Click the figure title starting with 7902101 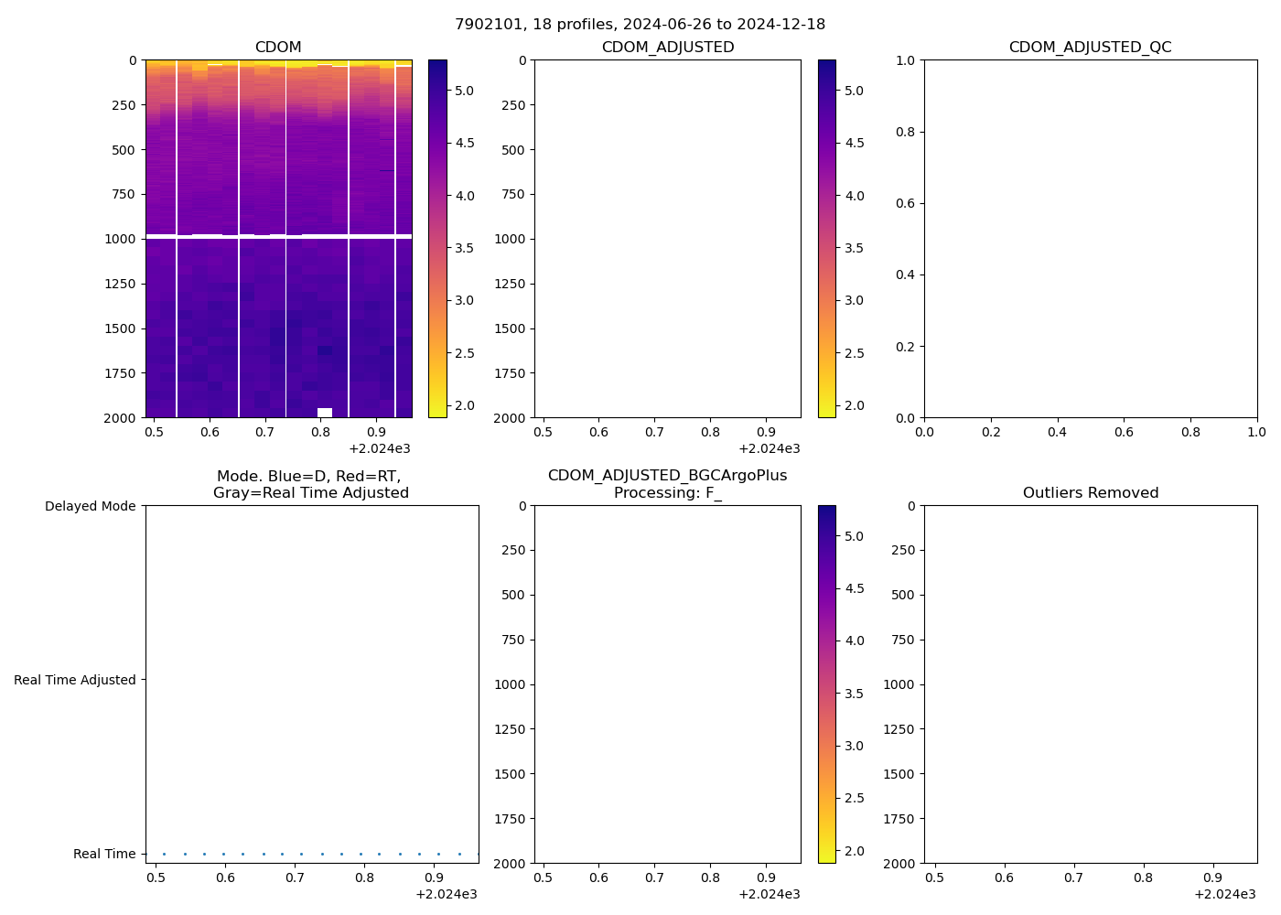click(x=640, y=24)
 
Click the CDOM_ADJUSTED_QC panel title click(x=1090, y=48)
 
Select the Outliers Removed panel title click(x=1090, y=493)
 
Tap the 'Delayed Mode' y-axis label click(x=90, y=506)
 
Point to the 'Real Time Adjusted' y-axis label click(x=75, y=680)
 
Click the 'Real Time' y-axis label click(x=104, y=854)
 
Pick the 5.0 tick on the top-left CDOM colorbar click(x=465, y=91)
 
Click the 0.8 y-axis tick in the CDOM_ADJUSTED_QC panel click(x=906, y=132)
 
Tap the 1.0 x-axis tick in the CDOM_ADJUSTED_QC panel click(x=1256, y=431)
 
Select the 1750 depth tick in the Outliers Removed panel click(x=899, y=819)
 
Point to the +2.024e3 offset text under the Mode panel click(x=447, y=894)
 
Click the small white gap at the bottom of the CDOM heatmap click(x=325, y=413)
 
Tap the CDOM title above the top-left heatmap click(x=278, y=48)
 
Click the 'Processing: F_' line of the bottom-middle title click(x=667, y=493)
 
